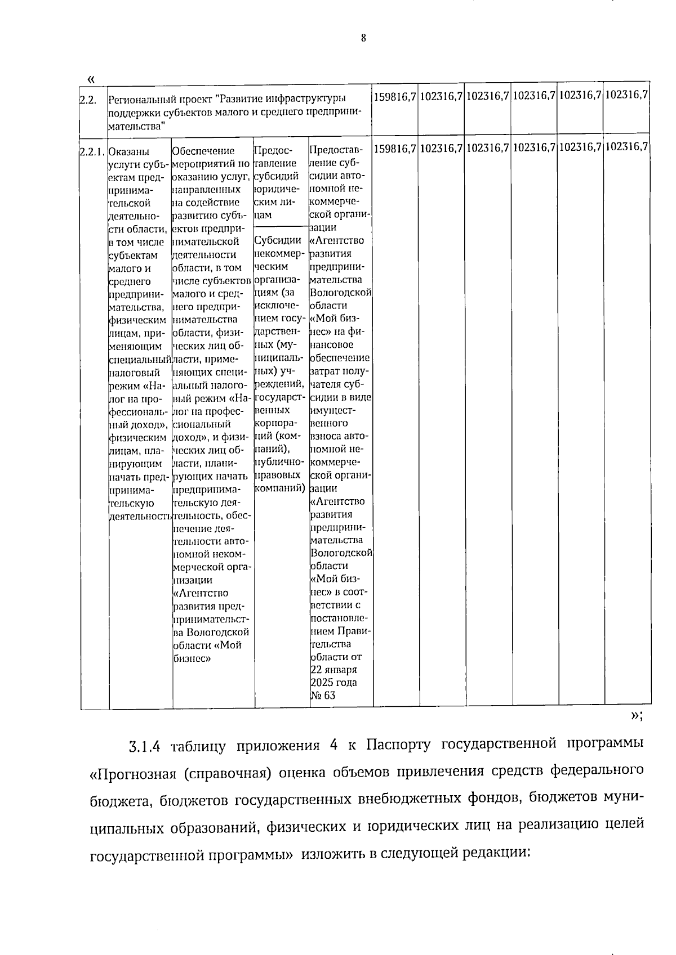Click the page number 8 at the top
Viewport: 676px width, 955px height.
click(363, 38)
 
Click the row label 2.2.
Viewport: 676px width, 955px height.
click(87, 100)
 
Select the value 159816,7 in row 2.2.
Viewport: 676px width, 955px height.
click(395, 96)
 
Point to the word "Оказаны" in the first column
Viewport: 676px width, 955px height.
click(129, 151)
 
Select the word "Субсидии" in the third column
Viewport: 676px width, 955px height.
click(278, 241)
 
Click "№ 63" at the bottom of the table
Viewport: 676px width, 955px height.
click(322, 696)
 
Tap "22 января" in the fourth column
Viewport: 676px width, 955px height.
click(333, 670)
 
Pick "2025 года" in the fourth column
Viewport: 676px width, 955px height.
click(333, 683)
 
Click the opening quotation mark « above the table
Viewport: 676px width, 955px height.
click(91, 78)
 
